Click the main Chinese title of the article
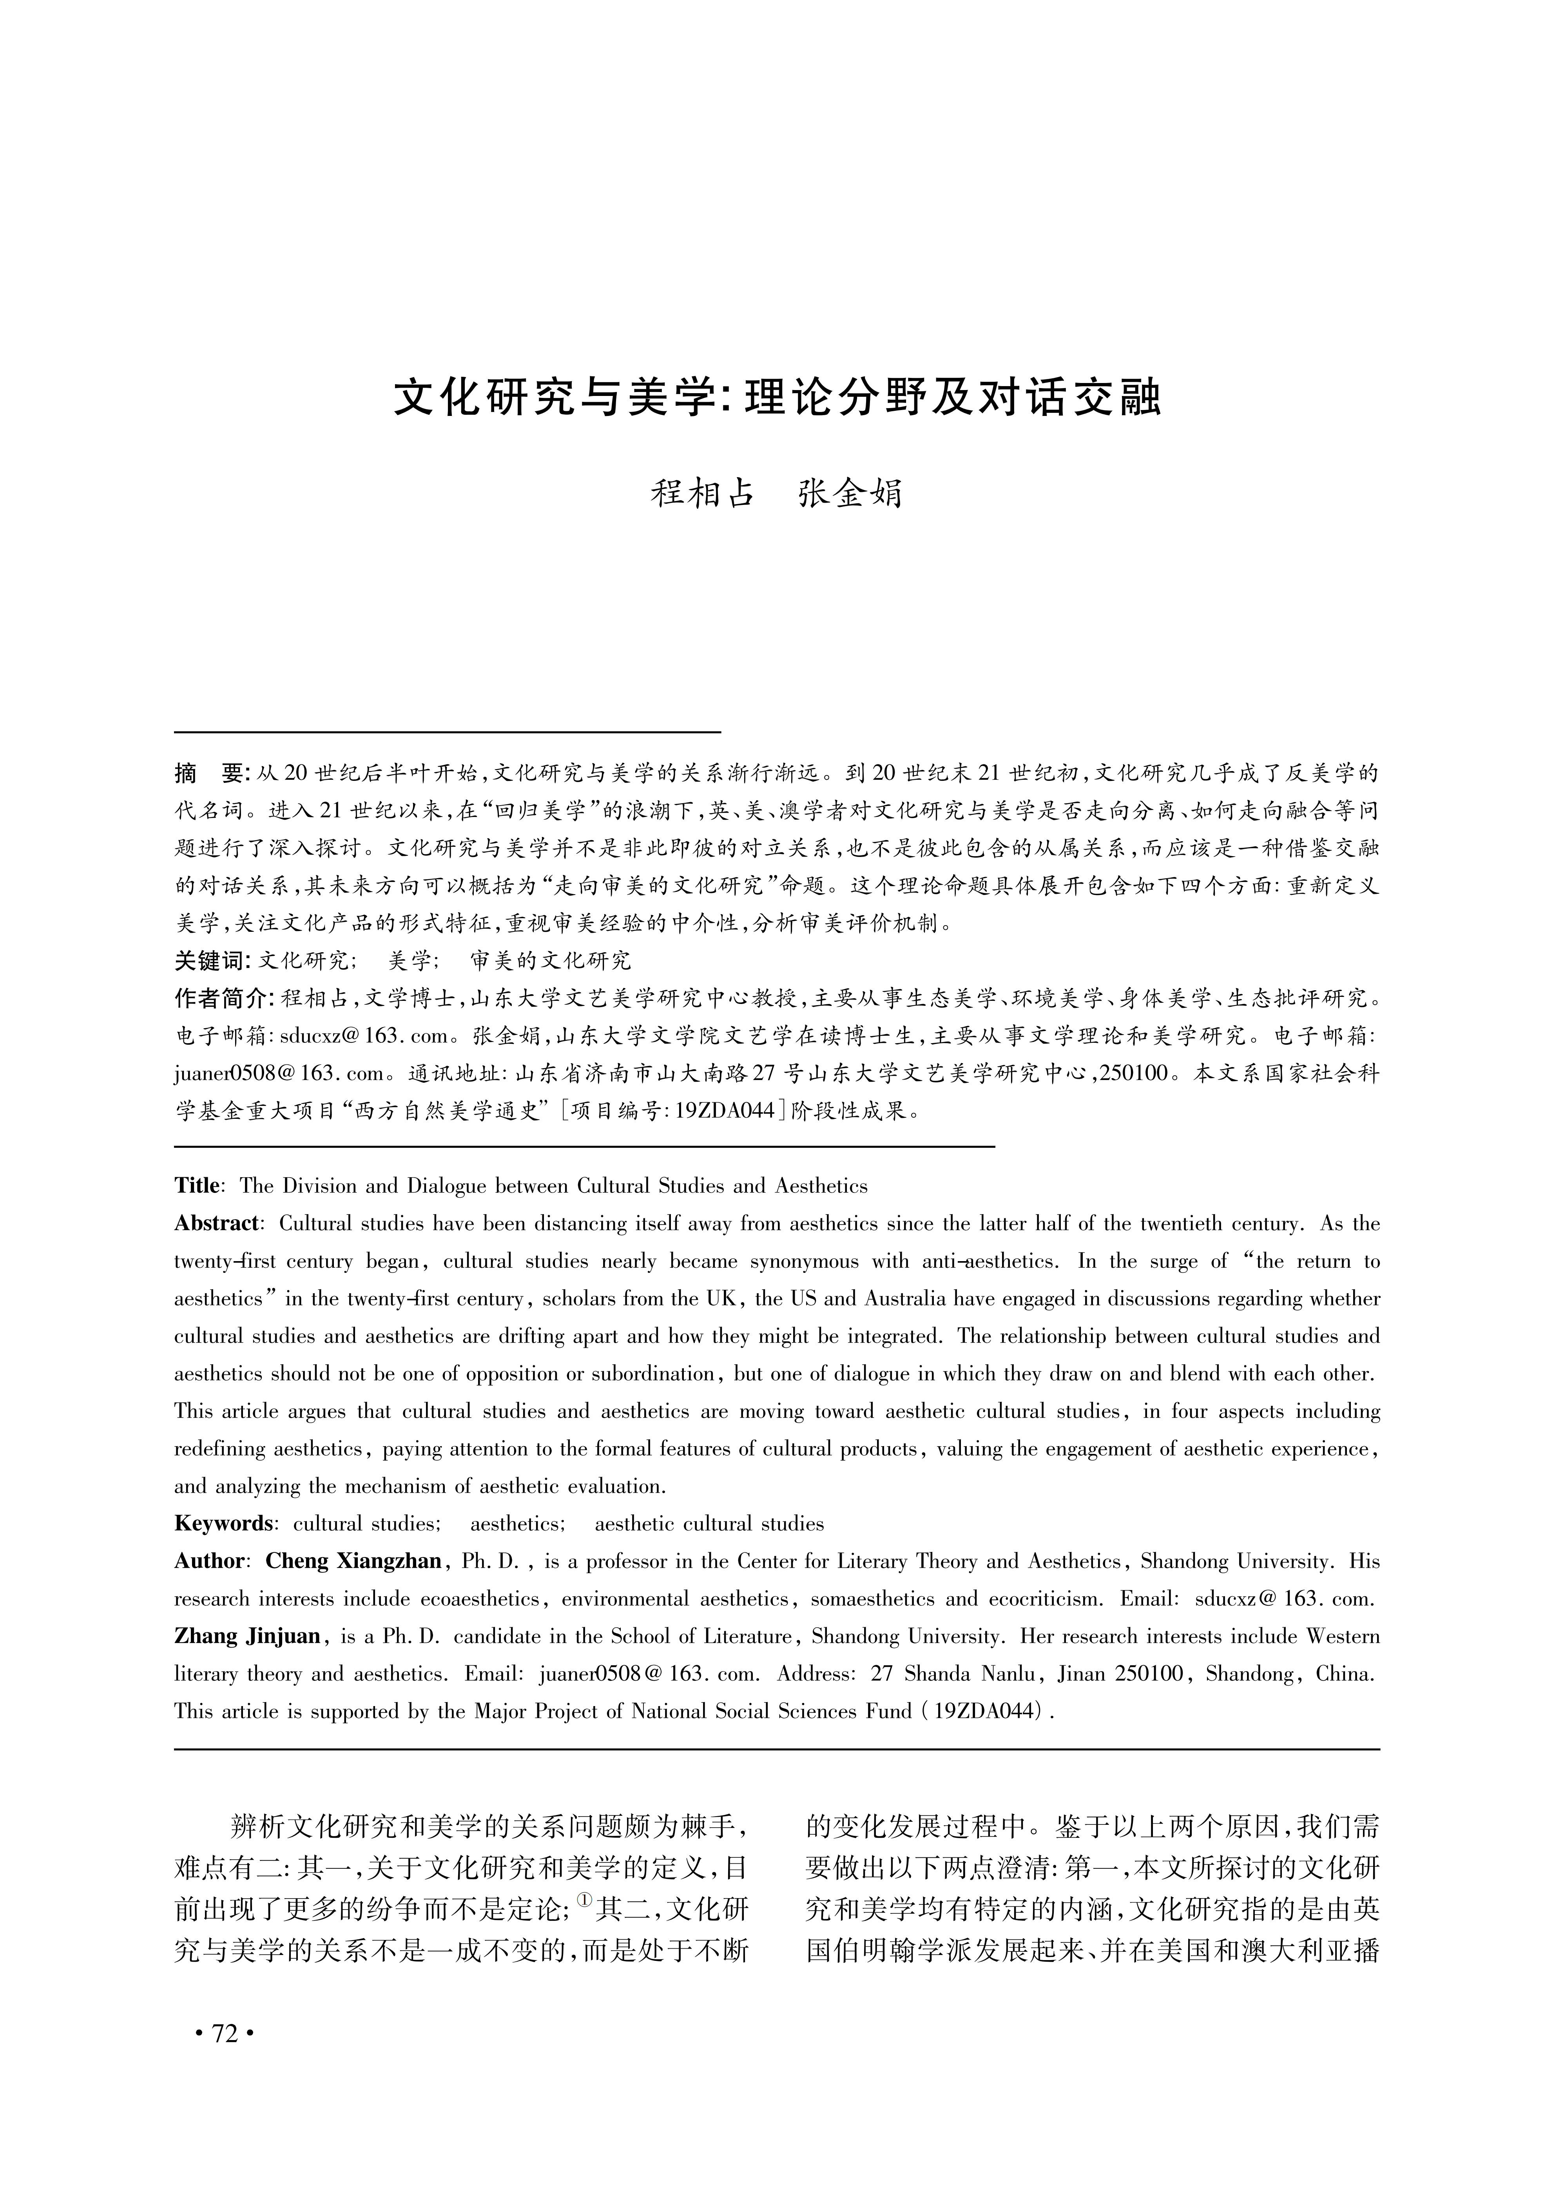[x=777, y=399]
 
